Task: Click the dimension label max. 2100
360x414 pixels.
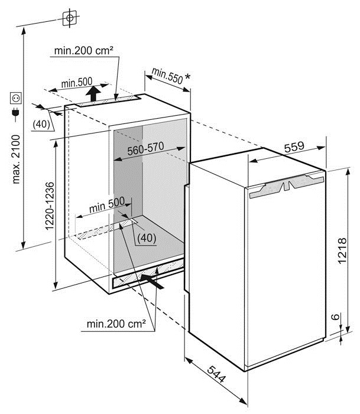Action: [x=17, y=159]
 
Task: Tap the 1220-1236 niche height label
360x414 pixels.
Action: [x=50, y=206]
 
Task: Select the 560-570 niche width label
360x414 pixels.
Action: [x=145, y=149]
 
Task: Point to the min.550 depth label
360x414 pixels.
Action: [x=167, y=76]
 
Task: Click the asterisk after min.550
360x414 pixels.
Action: [x=187, y=77]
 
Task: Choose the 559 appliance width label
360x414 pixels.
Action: [x=294, y=147]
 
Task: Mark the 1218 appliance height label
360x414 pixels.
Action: [x=342, y=250]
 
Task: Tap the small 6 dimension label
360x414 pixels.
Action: [x=335, y=317]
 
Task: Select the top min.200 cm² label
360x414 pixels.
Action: [x=84, y=50]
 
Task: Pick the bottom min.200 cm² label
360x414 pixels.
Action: [x=116, y=324]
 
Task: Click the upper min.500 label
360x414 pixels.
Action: [x=77, y=83]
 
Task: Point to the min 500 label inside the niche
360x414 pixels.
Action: [x=107, y=204]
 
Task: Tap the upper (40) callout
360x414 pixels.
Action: [x=41, y=124]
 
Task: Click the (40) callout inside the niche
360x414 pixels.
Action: [x=147, y=238]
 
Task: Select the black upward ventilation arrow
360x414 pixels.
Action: [x=93, y=94]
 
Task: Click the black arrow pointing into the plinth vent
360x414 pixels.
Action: [x=153, y=282]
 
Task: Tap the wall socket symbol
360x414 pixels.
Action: [x=16, y=98]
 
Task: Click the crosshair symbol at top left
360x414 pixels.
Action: [x=70, y=18]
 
